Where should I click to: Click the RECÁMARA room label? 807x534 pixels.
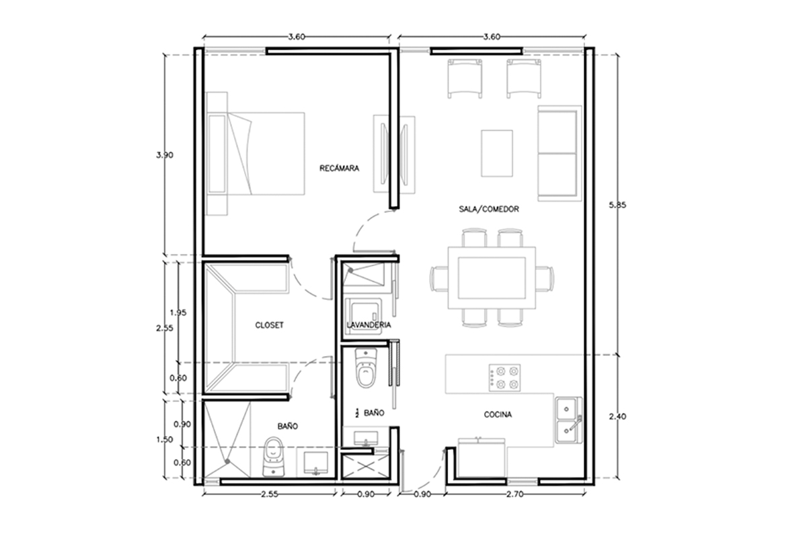[x=339, y=168]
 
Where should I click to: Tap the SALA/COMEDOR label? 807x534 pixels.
[x=489, y=209]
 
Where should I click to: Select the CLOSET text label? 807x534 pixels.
[x=269, y=325]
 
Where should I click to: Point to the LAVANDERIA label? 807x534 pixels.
[x=369, y=324]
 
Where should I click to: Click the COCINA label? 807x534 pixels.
[x=498, y=414]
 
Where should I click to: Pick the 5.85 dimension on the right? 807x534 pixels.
[x=617, y=205]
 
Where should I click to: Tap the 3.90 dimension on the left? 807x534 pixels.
[x=164, y=155]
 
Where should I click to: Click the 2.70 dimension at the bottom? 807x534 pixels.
[x=515, y=494]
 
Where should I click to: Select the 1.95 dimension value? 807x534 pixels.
[x=178, y=313]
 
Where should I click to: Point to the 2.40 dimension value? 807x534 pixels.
[x=617, y=416]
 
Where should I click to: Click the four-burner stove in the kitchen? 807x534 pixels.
[x=504, y=377]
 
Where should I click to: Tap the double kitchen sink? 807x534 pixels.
[x=568, y=420]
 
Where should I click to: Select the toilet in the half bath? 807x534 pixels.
[x=366, y=368]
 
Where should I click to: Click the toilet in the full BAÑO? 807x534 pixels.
[x=274, y=457]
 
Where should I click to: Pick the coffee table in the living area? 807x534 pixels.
[x=497, y=153]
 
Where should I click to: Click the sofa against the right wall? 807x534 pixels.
[x=560, y=153]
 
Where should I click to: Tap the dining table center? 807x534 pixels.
[x=492, y=278]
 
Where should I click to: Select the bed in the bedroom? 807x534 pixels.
[x=255, y=154]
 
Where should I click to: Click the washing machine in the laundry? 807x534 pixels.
[x=363, y=316]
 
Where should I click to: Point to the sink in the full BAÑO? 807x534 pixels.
[x=315, y=463]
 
